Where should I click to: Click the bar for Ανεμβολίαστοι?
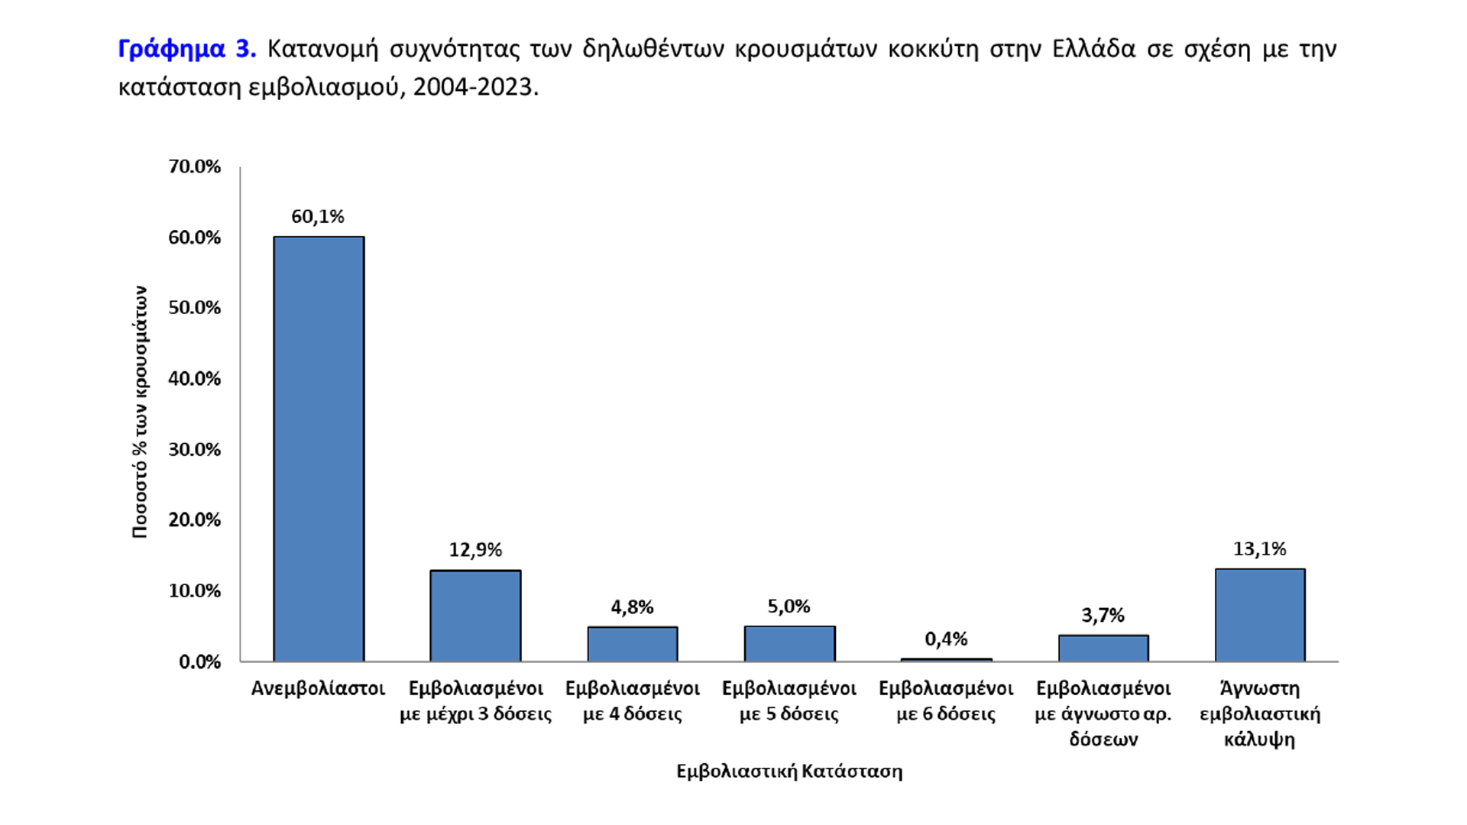(x=319, y=449)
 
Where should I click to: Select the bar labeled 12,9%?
(x=475, y=616)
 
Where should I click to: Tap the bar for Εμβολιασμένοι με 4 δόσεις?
(x=632, y=644)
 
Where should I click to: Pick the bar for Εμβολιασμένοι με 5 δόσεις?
(x=789, y=643)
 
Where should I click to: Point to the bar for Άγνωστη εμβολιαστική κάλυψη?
(x=1260, y=615)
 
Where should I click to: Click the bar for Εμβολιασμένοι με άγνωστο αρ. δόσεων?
(x=1103, y=648)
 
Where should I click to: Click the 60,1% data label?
(x=318, y=217)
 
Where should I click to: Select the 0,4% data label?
(x=946, y=639)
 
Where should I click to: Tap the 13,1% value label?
(x=1259, y=548)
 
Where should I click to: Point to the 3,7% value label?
(x=1103, y=615)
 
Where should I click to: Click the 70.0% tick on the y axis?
(x=194, y=167)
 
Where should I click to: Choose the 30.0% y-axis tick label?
(x=194, y=449)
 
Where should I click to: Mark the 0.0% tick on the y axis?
(x=199, y=662)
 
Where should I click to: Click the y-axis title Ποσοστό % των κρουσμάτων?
(x=140, y=412)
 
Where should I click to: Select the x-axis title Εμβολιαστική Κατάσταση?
(x=789, y=771)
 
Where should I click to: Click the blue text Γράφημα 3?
(x=186, y=49)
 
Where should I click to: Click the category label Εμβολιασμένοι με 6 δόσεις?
(x=946, y=700)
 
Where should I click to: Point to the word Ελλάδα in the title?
(x=1093, y=49)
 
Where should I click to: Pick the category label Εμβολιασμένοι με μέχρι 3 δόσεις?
(x=475, y=700)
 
